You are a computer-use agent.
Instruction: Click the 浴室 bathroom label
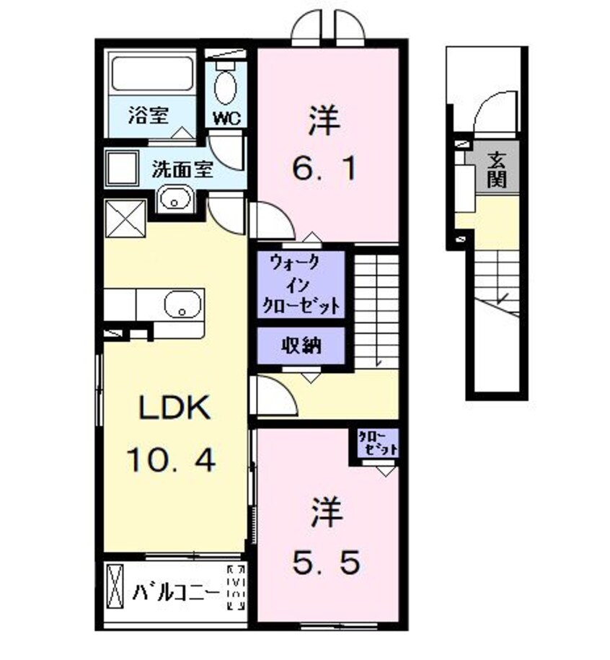149,115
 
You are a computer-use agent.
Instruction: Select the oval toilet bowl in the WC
226,87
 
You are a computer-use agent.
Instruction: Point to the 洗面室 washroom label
182,170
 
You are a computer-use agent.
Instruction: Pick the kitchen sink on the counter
181,305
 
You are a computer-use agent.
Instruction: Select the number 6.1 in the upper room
323,171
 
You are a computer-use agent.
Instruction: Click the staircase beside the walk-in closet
377,307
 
